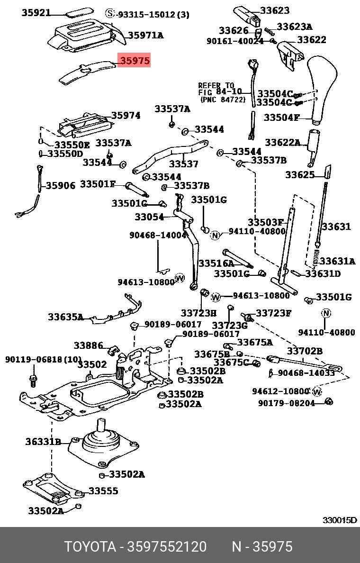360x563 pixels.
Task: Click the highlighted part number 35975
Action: tap(135, 61)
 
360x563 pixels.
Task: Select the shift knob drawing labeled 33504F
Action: tap(322, 90)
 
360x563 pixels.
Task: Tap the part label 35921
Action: tap(36, 13)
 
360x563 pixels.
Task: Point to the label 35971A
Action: tap(146, 35)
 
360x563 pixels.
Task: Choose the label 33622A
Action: tap(282, 142)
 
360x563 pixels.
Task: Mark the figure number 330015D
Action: tap(340, 520)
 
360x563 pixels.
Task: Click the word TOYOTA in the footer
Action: tap(90, 547)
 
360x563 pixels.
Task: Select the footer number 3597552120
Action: tap(166, 547)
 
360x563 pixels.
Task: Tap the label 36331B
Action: tap(43, 442)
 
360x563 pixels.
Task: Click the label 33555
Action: tap(103, 491)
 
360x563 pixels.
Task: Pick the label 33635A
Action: tap(65, 317)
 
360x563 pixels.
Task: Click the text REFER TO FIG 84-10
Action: tap(220, 89)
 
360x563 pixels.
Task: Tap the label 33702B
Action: tap(305, 351)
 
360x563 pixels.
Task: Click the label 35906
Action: tap(60, 186)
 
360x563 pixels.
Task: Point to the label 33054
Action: tap(149, 217)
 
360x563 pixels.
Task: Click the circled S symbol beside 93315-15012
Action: tap(110, 14)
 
